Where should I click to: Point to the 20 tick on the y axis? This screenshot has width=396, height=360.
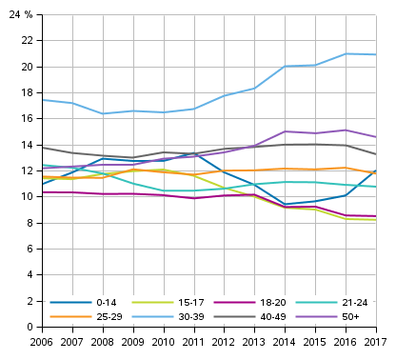tap(29, 68)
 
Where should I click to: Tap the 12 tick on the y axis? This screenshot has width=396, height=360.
tap(29, 171)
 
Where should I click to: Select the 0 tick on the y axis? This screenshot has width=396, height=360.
tap(31, 328)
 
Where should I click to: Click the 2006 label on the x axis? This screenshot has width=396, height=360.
tap(42, 341)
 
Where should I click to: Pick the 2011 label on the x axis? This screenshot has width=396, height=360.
tap(193, 341)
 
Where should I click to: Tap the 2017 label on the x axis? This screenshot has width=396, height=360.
tap(375, 341)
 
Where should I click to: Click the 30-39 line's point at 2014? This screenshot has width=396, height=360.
tap(285, 67)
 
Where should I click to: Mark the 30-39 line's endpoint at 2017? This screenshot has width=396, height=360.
tap(375, 54)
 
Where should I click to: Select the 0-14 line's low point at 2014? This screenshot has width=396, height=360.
tap(285, 205)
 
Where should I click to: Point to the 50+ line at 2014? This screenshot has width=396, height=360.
tap(285, 131)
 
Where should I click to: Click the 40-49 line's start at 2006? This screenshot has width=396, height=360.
tap(42, 148)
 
